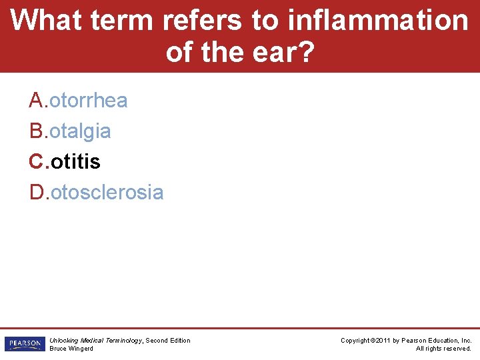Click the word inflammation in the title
coord(378,20)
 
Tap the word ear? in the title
coord(281,51)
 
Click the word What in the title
coord(46,20)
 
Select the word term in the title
coord(122,20)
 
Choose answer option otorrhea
coord(89,101)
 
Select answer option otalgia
coord(80,131)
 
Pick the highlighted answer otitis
coord(75,162)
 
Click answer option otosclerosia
coord(107,193)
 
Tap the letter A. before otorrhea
coord(39,101)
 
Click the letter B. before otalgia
coord(39,131)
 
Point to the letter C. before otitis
coord(39,162)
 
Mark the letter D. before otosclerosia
coord(39,193)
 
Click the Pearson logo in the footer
coord(24,344)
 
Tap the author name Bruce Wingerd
coord(71,349)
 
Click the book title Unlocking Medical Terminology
coord(95,341)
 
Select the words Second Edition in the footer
coord(168,341)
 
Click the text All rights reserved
coord(443,349)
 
